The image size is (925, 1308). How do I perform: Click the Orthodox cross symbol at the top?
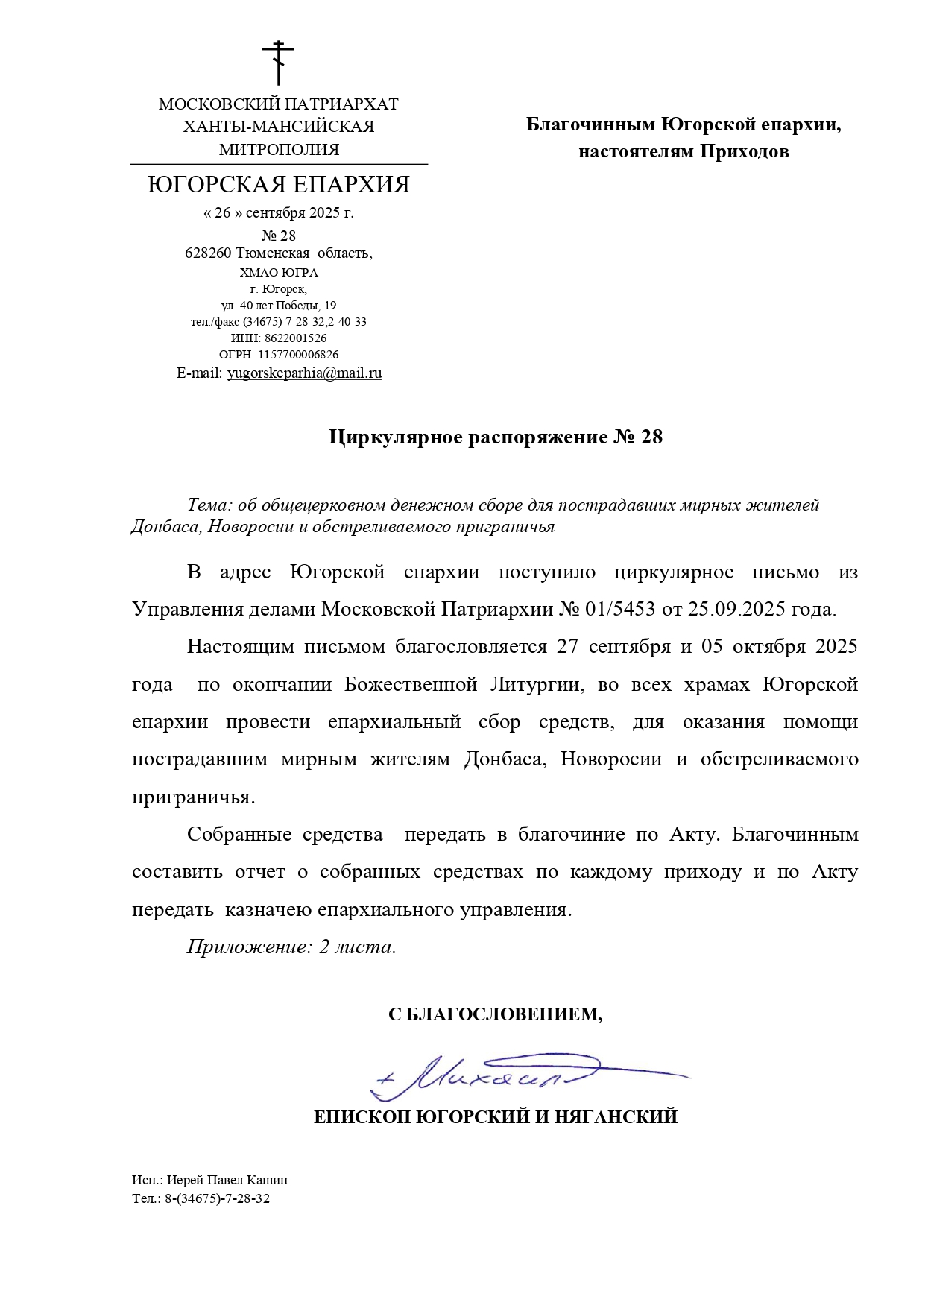coord(278,63)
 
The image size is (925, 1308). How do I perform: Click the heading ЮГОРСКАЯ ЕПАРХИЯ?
coord(279,185)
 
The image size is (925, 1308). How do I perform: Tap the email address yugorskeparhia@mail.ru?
coord(304,373)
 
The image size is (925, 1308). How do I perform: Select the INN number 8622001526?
coord(295,338)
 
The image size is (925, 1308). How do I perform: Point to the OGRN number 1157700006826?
coord(298,355)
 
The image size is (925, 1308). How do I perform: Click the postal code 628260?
coord(208,253)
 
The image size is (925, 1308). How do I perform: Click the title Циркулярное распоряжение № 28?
coord(495,437)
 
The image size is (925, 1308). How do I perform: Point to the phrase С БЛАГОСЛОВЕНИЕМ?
coord(494,1014)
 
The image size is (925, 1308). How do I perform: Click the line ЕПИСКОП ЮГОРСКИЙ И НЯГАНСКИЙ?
coord(495,1117)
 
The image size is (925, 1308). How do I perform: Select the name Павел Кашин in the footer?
coord(245,1180)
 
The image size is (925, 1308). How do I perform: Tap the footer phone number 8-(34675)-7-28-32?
coord(217,1198)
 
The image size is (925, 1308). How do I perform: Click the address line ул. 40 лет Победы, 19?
coord(279,306)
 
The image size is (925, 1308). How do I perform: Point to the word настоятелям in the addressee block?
coord(636,152)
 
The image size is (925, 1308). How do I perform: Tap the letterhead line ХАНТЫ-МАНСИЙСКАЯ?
coord(279,127)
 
